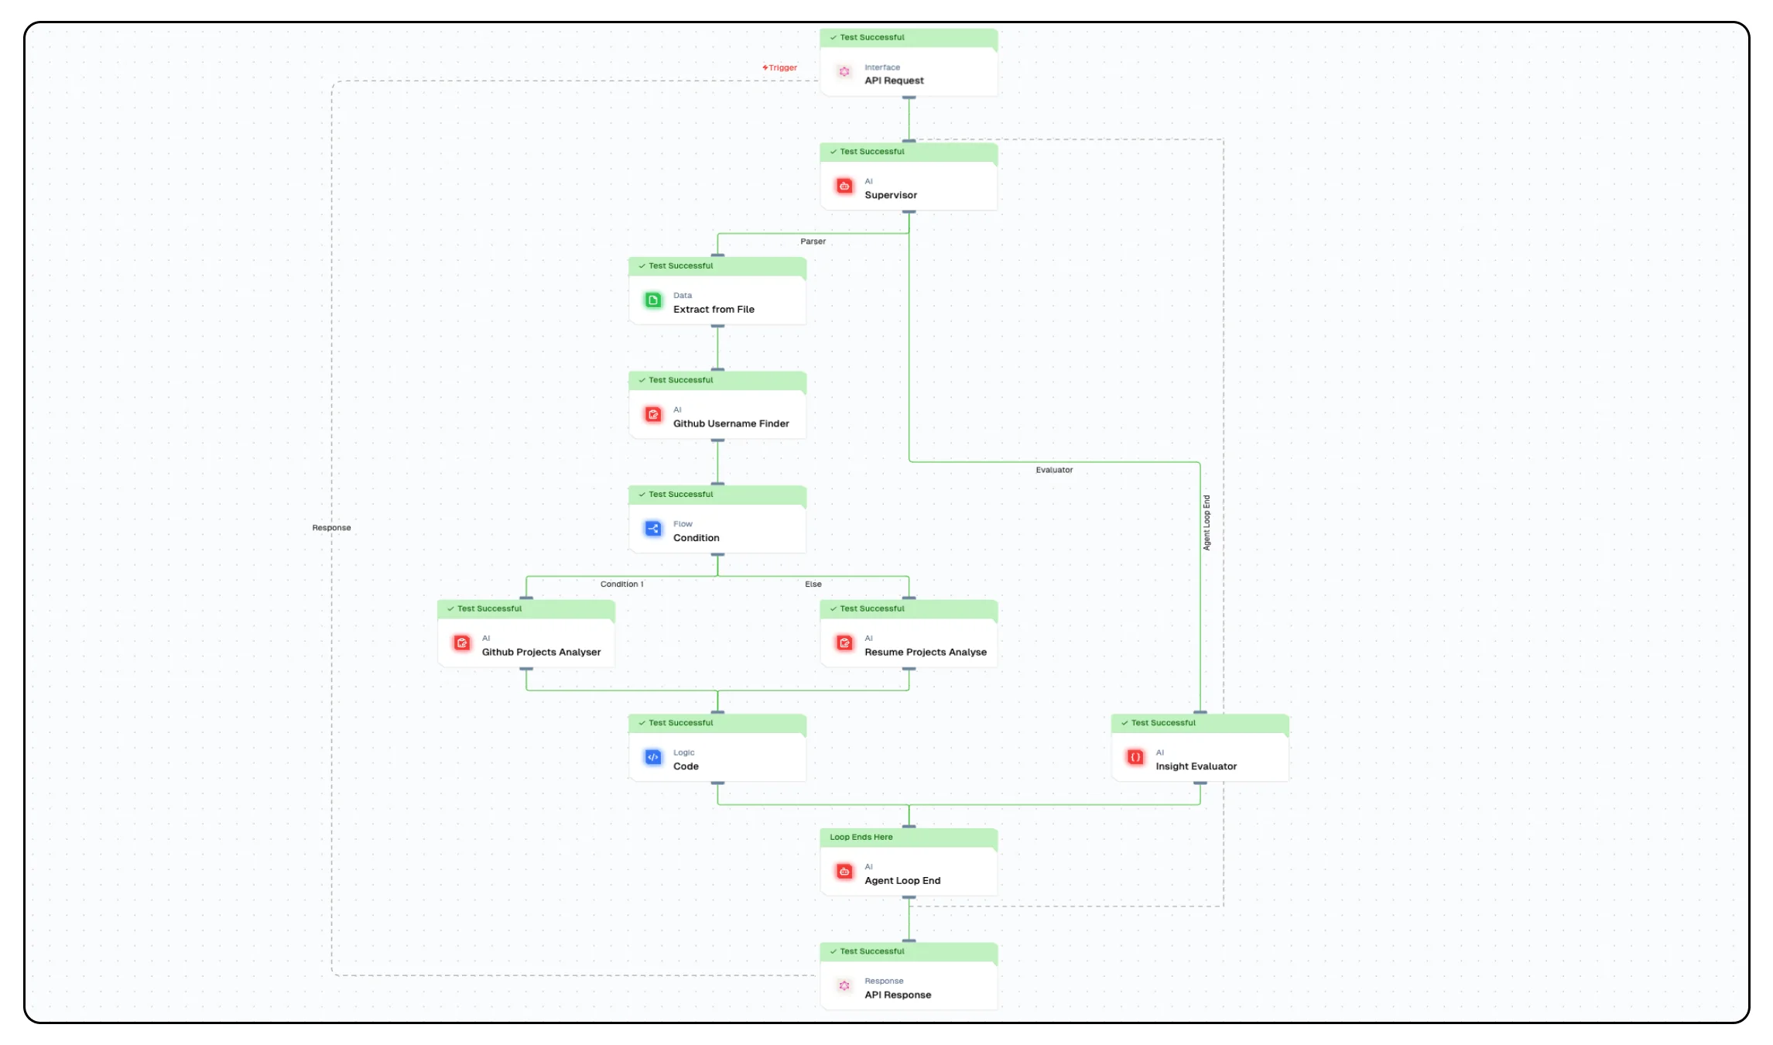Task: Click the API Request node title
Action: point(894,81)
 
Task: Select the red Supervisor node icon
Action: point(844,186)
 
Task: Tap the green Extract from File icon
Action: point(653,300)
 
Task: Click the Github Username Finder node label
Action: point(731,423)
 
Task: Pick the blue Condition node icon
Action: point(653,529)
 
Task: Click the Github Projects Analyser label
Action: point(541,652)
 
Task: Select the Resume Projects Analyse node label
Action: point(925,652)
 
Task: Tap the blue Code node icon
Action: point(653,757)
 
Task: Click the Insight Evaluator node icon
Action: point(1135,757)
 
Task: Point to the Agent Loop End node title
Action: point(902,880)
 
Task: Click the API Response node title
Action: point(898,995)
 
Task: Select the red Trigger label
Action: point(780,68)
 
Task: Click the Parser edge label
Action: point(813,242)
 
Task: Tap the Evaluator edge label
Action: point(1054,470)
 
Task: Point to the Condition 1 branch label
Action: point(621,584)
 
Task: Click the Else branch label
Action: point(813,584)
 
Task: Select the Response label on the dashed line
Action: point(331,528)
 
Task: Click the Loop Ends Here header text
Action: point(861,837)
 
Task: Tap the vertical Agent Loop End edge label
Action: point(1207,522)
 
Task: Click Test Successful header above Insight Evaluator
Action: point(1162,723)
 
